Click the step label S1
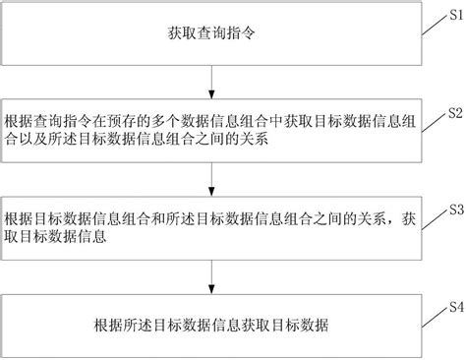pyautogui.click(x=454, y=17)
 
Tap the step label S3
pyautogui.click(x=454, y=209)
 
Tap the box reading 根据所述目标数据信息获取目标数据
pyautogui.click(x=212, y=324)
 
